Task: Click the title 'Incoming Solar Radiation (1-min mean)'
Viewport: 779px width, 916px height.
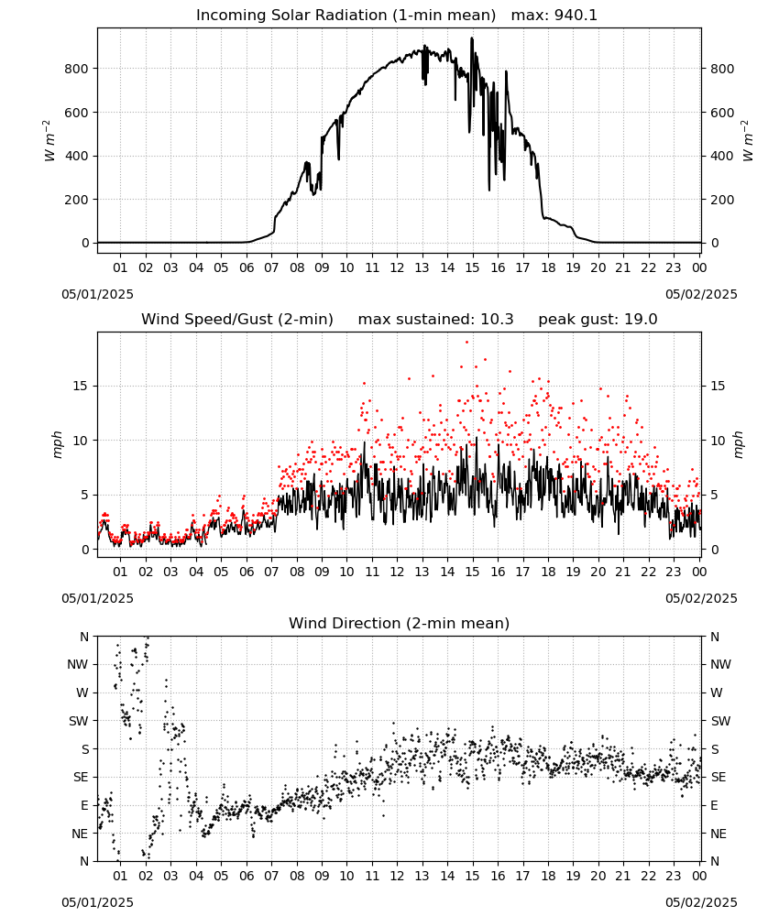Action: coord(346,16)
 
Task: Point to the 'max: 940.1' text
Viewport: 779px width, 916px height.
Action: coord(554,16)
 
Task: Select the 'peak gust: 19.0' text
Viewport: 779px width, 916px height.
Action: coord(598,320)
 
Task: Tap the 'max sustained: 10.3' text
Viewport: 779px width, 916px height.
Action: coord(435,320)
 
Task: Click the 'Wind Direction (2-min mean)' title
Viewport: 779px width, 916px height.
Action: coord(400,623)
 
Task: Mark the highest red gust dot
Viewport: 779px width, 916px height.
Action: coord(466,343)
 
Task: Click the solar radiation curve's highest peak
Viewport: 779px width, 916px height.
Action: coord(472,38)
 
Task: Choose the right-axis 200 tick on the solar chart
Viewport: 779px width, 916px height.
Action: coord(722,200)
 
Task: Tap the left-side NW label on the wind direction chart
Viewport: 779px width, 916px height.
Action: coord(78,665)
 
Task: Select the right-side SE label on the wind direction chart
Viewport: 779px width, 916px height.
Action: coord(719,778)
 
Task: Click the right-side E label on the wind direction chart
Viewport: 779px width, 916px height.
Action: coord(714,805)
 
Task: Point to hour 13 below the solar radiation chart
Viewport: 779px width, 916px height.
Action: coord(422,268)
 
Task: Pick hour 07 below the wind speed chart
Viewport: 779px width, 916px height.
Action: coord(271,572)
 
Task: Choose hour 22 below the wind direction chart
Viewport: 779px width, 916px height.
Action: coord(648,877)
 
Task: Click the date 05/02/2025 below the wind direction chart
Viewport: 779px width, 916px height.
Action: coord(701,903)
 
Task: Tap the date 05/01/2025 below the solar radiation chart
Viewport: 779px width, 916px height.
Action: coord(97,294)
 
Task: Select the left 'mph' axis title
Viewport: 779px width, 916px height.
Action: coord(57,444)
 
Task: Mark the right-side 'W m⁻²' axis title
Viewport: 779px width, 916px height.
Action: coord(748,141)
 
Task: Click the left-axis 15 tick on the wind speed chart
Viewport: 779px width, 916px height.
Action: coord(81,387)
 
